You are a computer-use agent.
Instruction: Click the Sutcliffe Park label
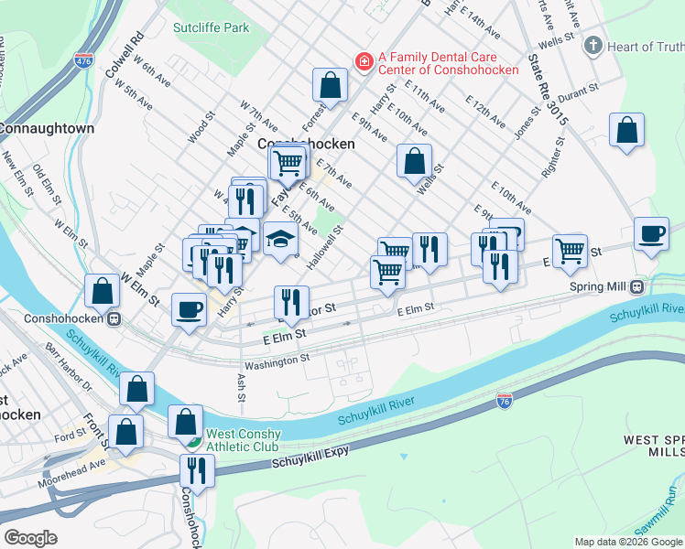[x=211, y=27]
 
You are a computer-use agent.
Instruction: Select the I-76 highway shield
[x=504, y=400]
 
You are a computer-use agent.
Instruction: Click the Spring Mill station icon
[x=636, y=286]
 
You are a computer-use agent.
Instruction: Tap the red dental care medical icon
[x=364, y=60]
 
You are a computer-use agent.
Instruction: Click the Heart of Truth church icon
[x=593, y=46]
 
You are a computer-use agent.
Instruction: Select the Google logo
[x=30, y=538]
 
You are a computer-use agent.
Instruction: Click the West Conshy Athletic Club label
[x=241, y=440]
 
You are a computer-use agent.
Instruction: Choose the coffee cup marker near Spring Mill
[x=651, y=233]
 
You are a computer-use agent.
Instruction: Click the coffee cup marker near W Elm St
[x=189, y=309]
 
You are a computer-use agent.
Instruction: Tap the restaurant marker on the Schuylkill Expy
[x=197, y=470]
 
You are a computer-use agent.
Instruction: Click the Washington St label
[x=278, y=362]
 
